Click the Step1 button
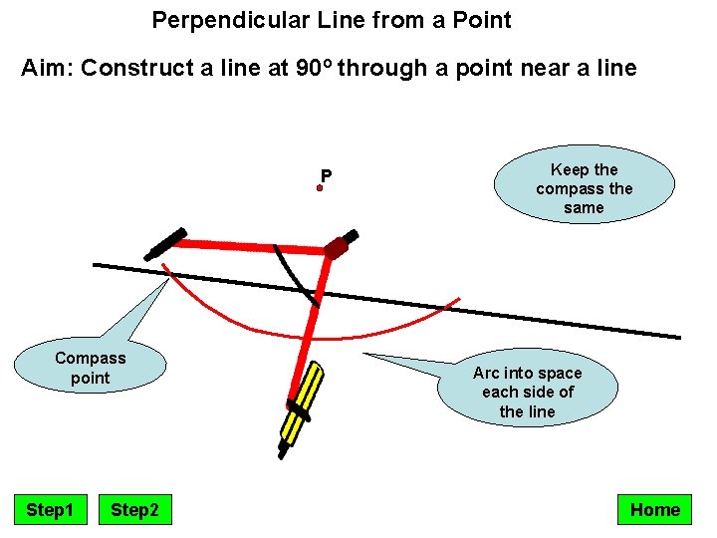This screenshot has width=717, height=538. tap(50, 510)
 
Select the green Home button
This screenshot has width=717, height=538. tap(654, 510)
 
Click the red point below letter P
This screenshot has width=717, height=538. tap(321, 187)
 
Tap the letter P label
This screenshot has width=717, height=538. tap(326, 176)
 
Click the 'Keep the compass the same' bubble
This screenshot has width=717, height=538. tap(584, 188)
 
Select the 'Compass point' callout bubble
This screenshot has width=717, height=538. tap(91, 368)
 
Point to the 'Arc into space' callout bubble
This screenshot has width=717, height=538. tap(527, 392)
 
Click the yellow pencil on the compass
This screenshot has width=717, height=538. tap(302, 401)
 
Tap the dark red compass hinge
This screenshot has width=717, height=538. tap(337, 246)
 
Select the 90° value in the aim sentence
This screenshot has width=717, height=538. tap(318, 69)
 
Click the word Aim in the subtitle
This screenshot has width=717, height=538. tap(46, 69)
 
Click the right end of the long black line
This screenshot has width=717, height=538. tap(679, 337)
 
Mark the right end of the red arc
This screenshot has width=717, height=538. tap(459, 298)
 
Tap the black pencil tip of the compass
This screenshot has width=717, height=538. tap(283, 453)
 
